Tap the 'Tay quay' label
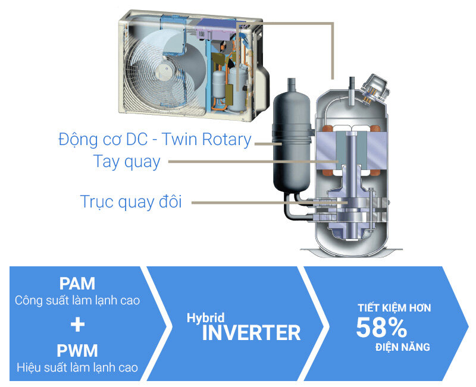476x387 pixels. pyautogui.click(x=127, y=161)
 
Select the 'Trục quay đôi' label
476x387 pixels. pyautogui.click(x=131, y=202)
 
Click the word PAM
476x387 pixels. pyautogui.click(x=77, y=284)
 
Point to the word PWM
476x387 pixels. pyautogui.click(x=77, y=350)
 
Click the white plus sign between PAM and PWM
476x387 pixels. pyautogui.click(x=77, y=325)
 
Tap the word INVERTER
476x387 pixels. pyautogui.click(x=251, y=333)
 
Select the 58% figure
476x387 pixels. pyautogui.click(x=381, y=328)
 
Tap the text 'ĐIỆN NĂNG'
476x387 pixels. pyautogui.click(x=402, y=347)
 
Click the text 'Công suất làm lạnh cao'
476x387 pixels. pyautogui.click(x=77, y=300)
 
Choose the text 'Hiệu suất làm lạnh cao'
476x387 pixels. pyautogui.click(x=77, y=367)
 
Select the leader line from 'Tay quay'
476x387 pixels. pyautogui.click(x=250, y=161)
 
